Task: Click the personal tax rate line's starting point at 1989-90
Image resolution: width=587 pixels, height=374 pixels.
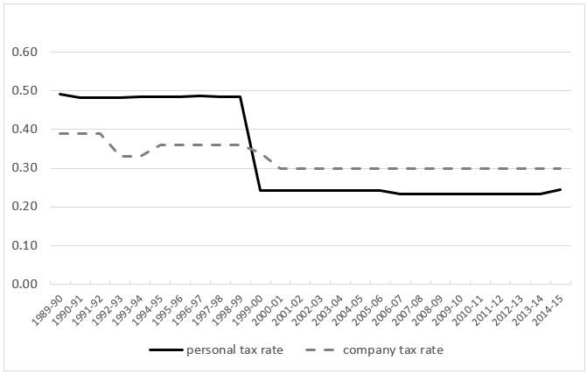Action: click(60, 94)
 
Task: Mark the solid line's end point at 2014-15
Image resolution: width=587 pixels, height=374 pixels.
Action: click(562, 189)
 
